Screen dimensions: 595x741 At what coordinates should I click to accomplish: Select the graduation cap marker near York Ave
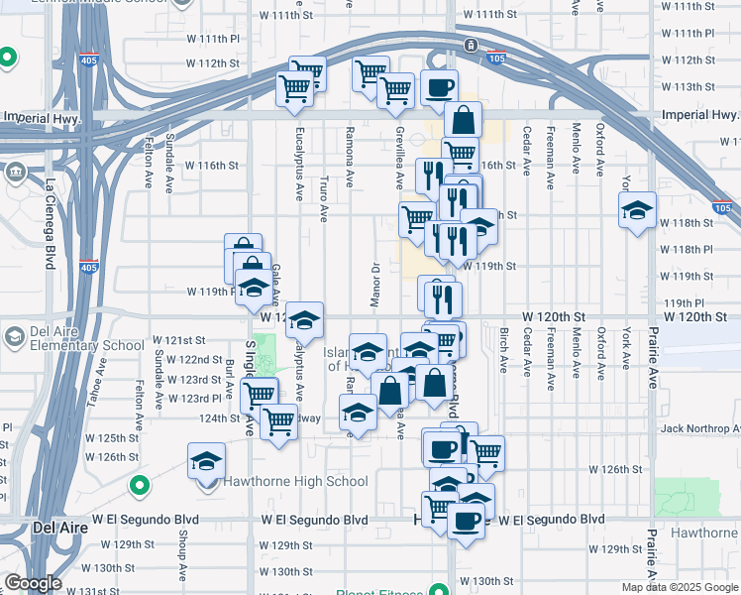638,209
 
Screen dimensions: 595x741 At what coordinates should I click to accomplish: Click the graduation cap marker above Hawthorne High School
207,461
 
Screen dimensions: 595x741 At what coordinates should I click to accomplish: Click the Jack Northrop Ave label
700,428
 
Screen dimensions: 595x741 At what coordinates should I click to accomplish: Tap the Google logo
32,584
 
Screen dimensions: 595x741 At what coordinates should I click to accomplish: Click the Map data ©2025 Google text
680,587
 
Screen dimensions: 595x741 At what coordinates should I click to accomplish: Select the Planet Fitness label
379,593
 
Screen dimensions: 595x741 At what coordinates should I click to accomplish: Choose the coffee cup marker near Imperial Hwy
439,87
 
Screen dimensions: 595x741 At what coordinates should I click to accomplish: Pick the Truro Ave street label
324,198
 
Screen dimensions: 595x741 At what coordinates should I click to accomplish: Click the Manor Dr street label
376,280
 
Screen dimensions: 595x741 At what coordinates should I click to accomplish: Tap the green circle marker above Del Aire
140,486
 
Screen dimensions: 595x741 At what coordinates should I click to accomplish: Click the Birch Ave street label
503,350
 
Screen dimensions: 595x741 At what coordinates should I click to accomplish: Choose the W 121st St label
178,340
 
